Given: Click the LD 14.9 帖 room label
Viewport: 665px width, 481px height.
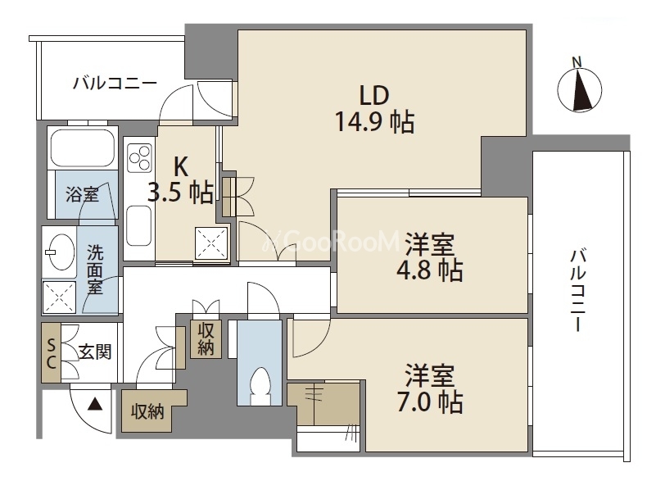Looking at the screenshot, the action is [374, 109].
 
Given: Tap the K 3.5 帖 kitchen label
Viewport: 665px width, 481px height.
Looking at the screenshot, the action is [181, 180].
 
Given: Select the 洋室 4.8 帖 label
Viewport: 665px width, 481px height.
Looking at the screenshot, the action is [430, 257].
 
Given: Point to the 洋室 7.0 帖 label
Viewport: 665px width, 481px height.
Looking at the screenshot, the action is [430, 388].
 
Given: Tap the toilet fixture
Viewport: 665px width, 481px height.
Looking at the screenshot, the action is [260, 387].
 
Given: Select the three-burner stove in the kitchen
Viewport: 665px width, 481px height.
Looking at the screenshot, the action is [140, 158].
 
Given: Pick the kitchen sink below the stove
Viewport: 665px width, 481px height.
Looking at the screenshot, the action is [139, 225].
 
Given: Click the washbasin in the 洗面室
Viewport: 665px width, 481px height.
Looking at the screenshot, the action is [59, 252].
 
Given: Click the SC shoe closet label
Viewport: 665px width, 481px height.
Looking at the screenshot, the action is [51, 354].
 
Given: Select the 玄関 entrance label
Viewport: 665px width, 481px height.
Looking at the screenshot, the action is [95, 352].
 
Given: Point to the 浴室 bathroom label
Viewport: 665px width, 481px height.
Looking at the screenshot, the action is [82, 194].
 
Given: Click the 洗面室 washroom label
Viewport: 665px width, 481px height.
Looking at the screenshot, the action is [95, 270].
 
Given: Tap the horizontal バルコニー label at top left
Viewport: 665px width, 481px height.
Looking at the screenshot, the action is [115, 83].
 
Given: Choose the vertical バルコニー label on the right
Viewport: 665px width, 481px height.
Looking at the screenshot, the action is [577, 291].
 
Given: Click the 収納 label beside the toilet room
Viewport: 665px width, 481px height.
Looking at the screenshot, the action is [206, 338].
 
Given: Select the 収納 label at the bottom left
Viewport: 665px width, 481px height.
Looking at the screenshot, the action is [147, 411].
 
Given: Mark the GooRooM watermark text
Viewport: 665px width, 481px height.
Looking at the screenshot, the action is [331, 242].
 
